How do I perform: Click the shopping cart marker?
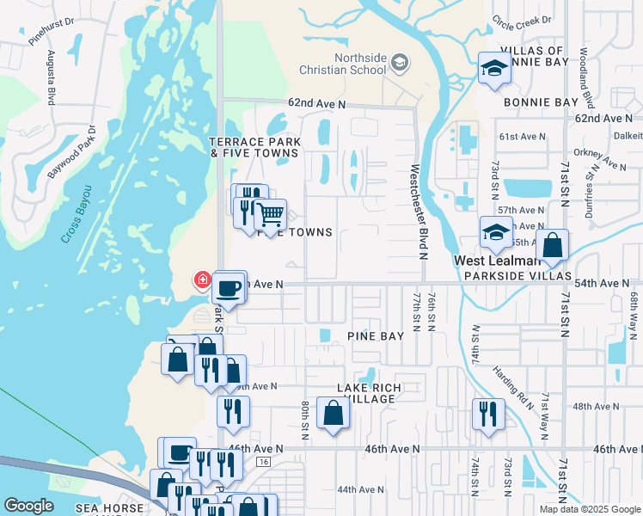click(271, 213)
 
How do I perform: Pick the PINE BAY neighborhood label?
click(375, 335)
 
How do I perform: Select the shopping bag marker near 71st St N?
click(552, 244)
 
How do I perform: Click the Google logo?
click(28, 506)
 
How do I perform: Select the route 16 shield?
click(263, 463)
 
